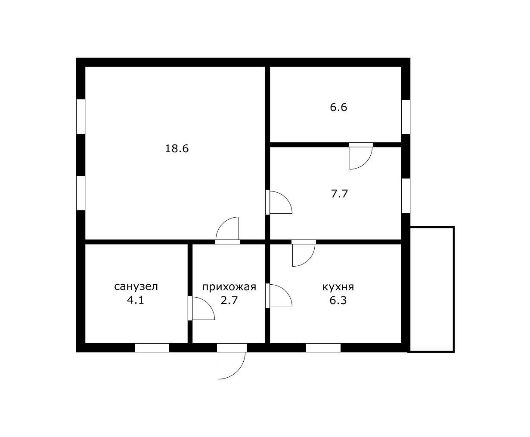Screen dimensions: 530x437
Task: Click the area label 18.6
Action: (x=177, y=149)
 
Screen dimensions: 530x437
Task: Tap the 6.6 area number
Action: (x=338, y=107)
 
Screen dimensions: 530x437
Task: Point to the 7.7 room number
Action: (x=339, y=194)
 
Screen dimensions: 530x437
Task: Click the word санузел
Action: (x=136, y=286)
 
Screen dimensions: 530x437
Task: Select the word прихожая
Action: (x=229, y=287)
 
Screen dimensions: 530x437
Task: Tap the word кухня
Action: (x=338, y=287)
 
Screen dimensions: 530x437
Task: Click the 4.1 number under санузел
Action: (x=136, y=300)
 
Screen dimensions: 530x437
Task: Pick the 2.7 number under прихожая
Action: (x=229, y=301)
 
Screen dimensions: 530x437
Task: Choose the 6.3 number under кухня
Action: (x=338, y=301)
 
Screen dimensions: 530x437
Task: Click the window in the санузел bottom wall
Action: (x=152, y=348)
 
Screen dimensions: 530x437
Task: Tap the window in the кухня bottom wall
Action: (x=323, y=348)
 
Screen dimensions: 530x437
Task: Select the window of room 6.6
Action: (x=406, y=117)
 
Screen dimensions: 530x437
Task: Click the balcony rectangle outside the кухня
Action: (x=454, y=289)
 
